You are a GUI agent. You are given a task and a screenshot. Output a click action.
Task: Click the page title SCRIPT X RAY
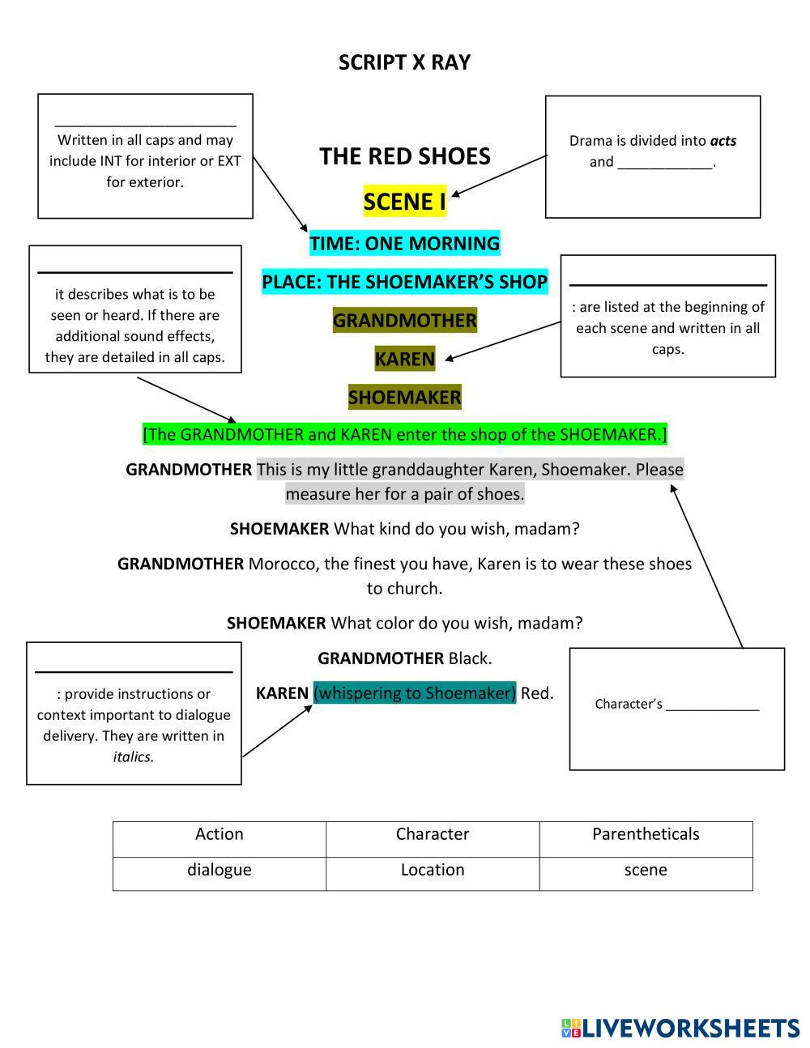click(404, 62)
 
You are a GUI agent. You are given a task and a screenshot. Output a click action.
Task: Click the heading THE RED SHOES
click(404, 156)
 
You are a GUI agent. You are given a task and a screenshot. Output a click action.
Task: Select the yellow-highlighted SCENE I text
click(404, 202)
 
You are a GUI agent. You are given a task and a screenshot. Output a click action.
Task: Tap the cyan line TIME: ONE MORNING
click(404, 243)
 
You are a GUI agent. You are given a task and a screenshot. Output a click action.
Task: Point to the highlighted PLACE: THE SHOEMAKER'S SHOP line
click(404, 282)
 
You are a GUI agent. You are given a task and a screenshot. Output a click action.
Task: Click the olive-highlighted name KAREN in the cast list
click(404, 358)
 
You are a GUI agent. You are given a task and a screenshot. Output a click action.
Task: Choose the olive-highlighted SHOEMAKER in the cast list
click(404, 398)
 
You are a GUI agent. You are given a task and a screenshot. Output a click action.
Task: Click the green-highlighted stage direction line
click(404, 434)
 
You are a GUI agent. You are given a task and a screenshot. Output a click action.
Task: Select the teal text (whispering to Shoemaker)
click(414, 693)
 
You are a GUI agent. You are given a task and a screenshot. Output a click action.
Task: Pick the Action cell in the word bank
click(219, 834)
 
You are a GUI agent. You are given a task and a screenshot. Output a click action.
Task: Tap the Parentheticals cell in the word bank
click(646, 834)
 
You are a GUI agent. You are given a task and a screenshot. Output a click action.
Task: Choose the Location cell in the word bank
click(433, 870)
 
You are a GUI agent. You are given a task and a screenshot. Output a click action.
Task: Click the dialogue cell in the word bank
click(219, 870)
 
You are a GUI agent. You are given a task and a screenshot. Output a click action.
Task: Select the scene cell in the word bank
click(646, 870)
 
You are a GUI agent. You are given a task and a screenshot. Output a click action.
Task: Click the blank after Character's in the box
click(712, 705)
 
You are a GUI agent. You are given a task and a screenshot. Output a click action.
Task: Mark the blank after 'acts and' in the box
click(665, 163)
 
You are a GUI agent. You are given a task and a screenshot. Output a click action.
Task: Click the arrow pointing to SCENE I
click(498, 176)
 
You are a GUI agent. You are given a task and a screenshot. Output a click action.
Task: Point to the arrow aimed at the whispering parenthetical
click(277, 731)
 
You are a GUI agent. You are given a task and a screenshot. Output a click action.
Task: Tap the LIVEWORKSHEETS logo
click(680, 1028)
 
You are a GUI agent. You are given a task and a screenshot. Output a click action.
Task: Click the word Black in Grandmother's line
click(470, 658)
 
